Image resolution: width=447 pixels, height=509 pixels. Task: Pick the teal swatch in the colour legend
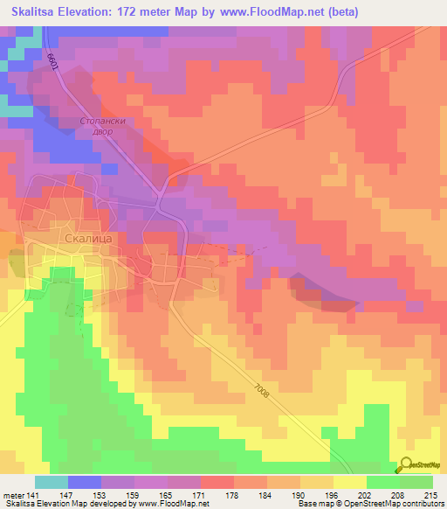pyautogui.click(x=52, y=482)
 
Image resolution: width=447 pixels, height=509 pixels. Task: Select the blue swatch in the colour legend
pyautogui.click(x=85, y=482)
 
